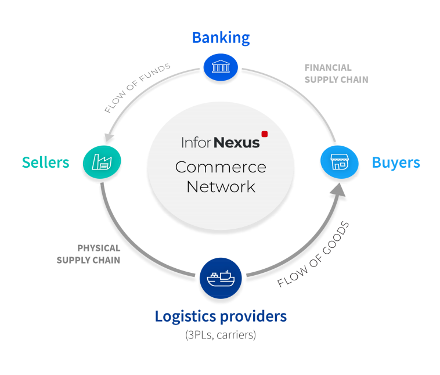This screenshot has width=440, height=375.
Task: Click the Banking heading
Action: (221, 38)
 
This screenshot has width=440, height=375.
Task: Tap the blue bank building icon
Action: (221, 67)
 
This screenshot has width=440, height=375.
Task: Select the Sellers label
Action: (45, 162)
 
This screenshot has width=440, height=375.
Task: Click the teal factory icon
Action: (102, 162)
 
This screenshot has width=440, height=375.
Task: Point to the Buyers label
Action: (396, 163)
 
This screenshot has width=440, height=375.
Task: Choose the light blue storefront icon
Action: (339, 162)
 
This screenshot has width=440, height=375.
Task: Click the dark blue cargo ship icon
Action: (221, 278)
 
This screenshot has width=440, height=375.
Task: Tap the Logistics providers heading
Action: (221, 316)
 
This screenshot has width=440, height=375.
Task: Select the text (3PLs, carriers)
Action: (221, 335)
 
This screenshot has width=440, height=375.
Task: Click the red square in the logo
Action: (264, 134)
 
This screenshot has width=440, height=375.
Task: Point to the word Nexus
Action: (237, 143)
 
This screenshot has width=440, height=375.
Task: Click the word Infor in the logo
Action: (196, 142)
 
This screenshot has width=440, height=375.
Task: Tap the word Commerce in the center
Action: (221, 167)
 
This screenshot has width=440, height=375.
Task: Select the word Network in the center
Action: (221, 187)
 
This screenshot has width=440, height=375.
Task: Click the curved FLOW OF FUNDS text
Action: (137, 88)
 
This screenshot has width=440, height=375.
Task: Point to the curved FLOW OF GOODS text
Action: (313, 254)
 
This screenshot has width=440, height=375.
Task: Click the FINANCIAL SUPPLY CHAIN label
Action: (336, 74)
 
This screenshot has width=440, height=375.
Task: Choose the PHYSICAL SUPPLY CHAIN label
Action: (88, 254)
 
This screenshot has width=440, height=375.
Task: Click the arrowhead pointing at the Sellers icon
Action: (109, 137)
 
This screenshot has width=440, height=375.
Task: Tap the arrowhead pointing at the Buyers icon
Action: (338, 190)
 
